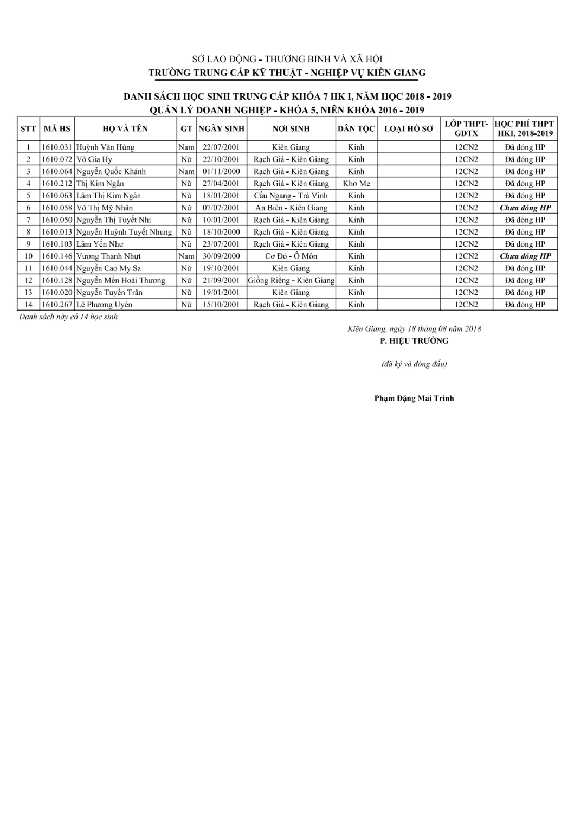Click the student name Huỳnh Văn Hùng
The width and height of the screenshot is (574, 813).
click(x=105, y=147)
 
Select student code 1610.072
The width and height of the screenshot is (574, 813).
click(x=57, y=159)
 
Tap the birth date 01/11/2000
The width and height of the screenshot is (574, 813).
click(x=221, y=171)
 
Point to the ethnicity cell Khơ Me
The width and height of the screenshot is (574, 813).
click(x=356, y=184)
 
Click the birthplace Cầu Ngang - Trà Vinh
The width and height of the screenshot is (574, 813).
click(x=291, y=196)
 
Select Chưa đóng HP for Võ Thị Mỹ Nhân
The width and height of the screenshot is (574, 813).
click(x=525, y=208)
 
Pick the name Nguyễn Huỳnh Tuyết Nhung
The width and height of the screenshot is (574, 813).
click(x=124, y=232)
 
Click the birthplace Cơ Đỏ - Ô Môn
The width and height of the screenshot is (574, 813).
click(x=291, y=256)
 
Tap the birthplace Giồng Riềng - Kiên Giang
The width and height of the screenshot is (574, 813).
click(x=291, y=280)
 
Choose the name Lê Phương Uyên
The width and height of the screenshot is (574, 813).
click(x=104, y=305)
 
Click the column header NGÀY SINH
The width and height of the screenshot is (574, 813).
click(x=221, y=129)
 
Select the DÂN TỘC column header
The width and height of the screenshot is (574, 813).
click(x=356, y=129)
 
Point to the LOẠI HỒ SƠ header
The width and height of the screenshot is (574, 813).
click(x=409, y=129)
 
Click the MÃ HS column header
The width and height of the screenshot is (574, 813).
click(x=57, y=129)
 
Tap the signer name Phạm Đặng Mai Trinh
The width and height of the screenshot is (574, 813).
click(x=414, y=398)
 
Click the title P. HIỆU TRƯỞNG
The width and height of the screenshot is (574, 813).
click(x=414, y=341)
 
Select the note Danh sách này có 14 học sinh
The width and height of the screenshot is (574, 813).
click(x=68, y=317)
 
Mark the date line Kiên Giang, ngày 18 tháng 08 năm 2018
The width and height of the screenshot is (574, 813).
click(x=414, y=329)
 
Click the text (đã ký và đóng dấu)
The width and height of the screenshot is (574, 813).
click(x=414, y=364)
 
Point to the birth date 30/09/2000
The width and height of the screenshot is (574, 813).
click(x=221, y=256)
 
